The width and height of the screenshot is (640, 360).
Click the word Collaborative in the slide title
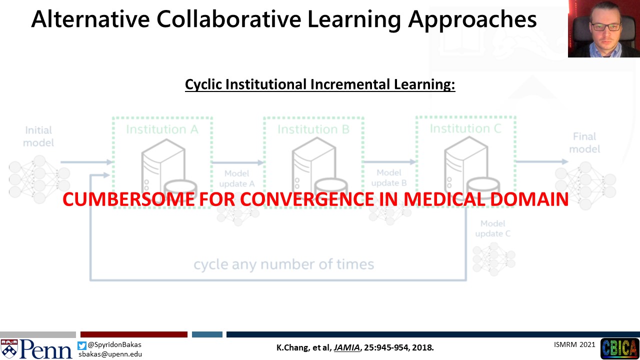[x=229, y=19]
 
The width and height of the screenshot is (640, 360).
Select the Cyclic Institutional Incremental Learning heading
[x=320, y=84]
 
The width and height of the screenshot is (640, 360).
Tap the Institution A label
[x=162, y=129]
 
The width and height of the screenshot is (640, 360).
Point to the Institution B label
[x=313, y=129]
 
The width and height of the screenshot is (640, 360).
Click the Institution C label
[x=465, y=128]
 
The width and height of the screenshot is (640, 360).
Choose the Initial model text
[x=38, y=136]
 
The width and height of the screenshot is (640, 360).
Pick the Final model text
[x=584, y=143]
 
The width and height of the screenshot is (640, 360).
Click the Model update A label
[x=237, y=178]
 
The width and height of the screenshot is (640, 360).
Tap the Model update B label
[x=389, y=177]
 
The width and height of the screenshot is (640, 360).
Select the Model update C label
[x=493, y=228]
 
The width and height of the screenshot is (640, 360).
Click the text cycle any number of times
[x=283, y=264]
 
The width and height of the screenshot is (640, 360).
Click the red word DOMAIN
[x=529, y=199]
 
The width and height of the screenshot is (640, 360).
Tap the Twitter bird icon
[x=81, y=345]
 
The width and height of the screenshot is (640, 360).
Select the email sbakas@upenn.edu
[x=110, y=354]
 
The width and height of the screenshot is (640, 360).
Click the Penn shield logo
[x=9, y=349]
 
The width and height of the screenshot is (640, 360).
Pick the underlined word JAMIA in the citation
[x=346, y=347]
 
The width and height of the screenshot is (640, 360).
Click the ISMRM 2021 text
[x=574, y=344]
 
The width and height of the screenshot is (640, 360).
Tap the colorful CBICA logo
[x=619, y=348]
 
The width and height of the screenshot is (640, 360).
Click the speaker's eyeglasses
[x=606, y=27]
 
